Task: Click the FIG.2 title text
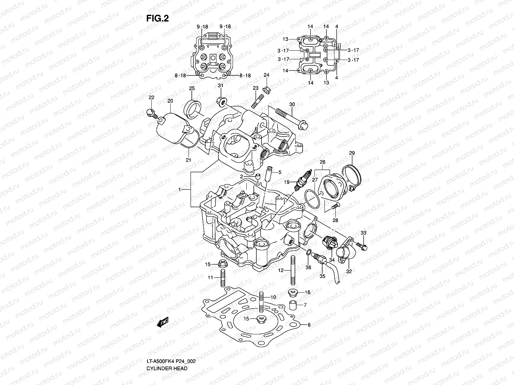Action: click(157, 19)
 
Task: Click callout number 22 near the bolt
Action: click(151, 97)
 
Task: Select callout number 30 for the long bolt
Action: click(292, 104)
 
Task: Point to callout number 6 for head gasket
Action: click(309, 325)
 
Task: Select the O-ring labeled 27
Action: click(312, 199)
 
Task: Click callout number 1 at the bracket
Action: click(180, 190)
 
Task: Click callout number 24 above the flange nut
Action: click(266, 75)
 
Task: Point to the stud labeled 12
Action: click(293, 270)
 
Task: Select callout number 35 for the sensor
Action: click(322, 276)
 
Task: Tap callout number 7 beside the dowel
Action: click(305, 305)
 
